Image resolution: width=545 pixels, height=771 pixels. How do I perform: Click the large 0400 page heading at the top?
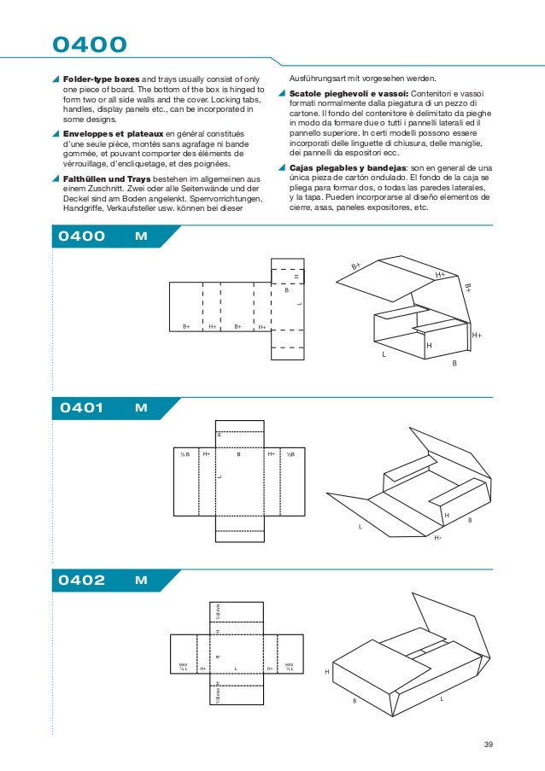pyautogui.click(x=90, y=44)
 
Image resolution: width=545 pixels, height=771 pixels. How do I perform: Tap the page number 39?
pyautogui.click(x=489, y=745)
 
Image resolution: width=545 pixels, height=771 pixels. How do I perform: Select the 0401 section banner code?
pyautogui.click(x=81, y=408)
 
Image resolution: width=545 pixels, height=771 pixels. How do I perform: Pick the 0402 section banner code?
pyautogui.click(x=81, y=581)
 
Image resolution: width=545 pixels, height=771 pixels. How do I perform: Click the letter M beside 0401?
pyautogui.click(x=141, y=408)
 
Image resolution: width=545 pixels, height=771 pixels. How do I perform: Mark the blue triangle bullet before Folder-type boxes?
pyautogui.click(x=56, y=78)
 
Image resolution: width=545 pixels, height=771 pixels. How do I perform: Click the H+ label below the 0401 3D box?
pyautogui.click(x=438, y=538)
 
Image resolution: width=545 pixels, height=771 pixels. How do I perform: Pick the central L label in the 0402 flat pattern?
pyautogui.click(x=235, y=669)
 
